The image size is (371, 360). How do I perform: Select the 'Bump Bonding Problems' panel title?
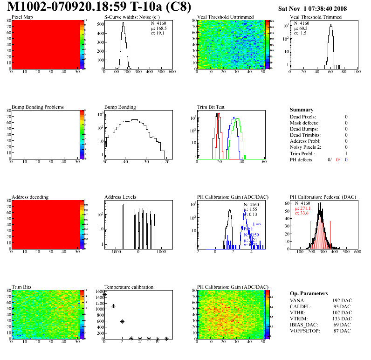(x=38, y=107)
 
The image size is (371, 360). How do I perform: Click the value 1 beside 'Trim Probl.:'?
(x=346, y=153)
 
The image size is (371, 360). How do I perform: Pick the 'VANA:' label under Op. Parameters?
(x=297, y=301)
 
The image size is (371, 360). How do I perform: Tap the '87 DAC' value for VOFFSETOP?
(x=341, y=331)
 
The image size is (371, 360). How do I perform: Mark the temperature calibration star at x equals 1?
(x=113, y=306)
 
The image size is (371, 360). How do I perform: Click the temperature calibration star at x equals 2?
(x=122, y=321)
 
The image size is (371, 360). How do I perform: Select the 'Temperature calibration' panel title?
(x=129, y=287)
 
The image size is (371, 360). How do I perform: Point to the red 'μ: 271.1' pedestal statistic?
(x=303, y=208)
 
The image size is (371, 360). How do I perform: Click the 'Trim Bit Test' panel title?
(x=211, y=107)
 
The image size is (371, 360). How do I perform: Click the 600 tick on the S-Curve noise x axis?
(x=172, y=72)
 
